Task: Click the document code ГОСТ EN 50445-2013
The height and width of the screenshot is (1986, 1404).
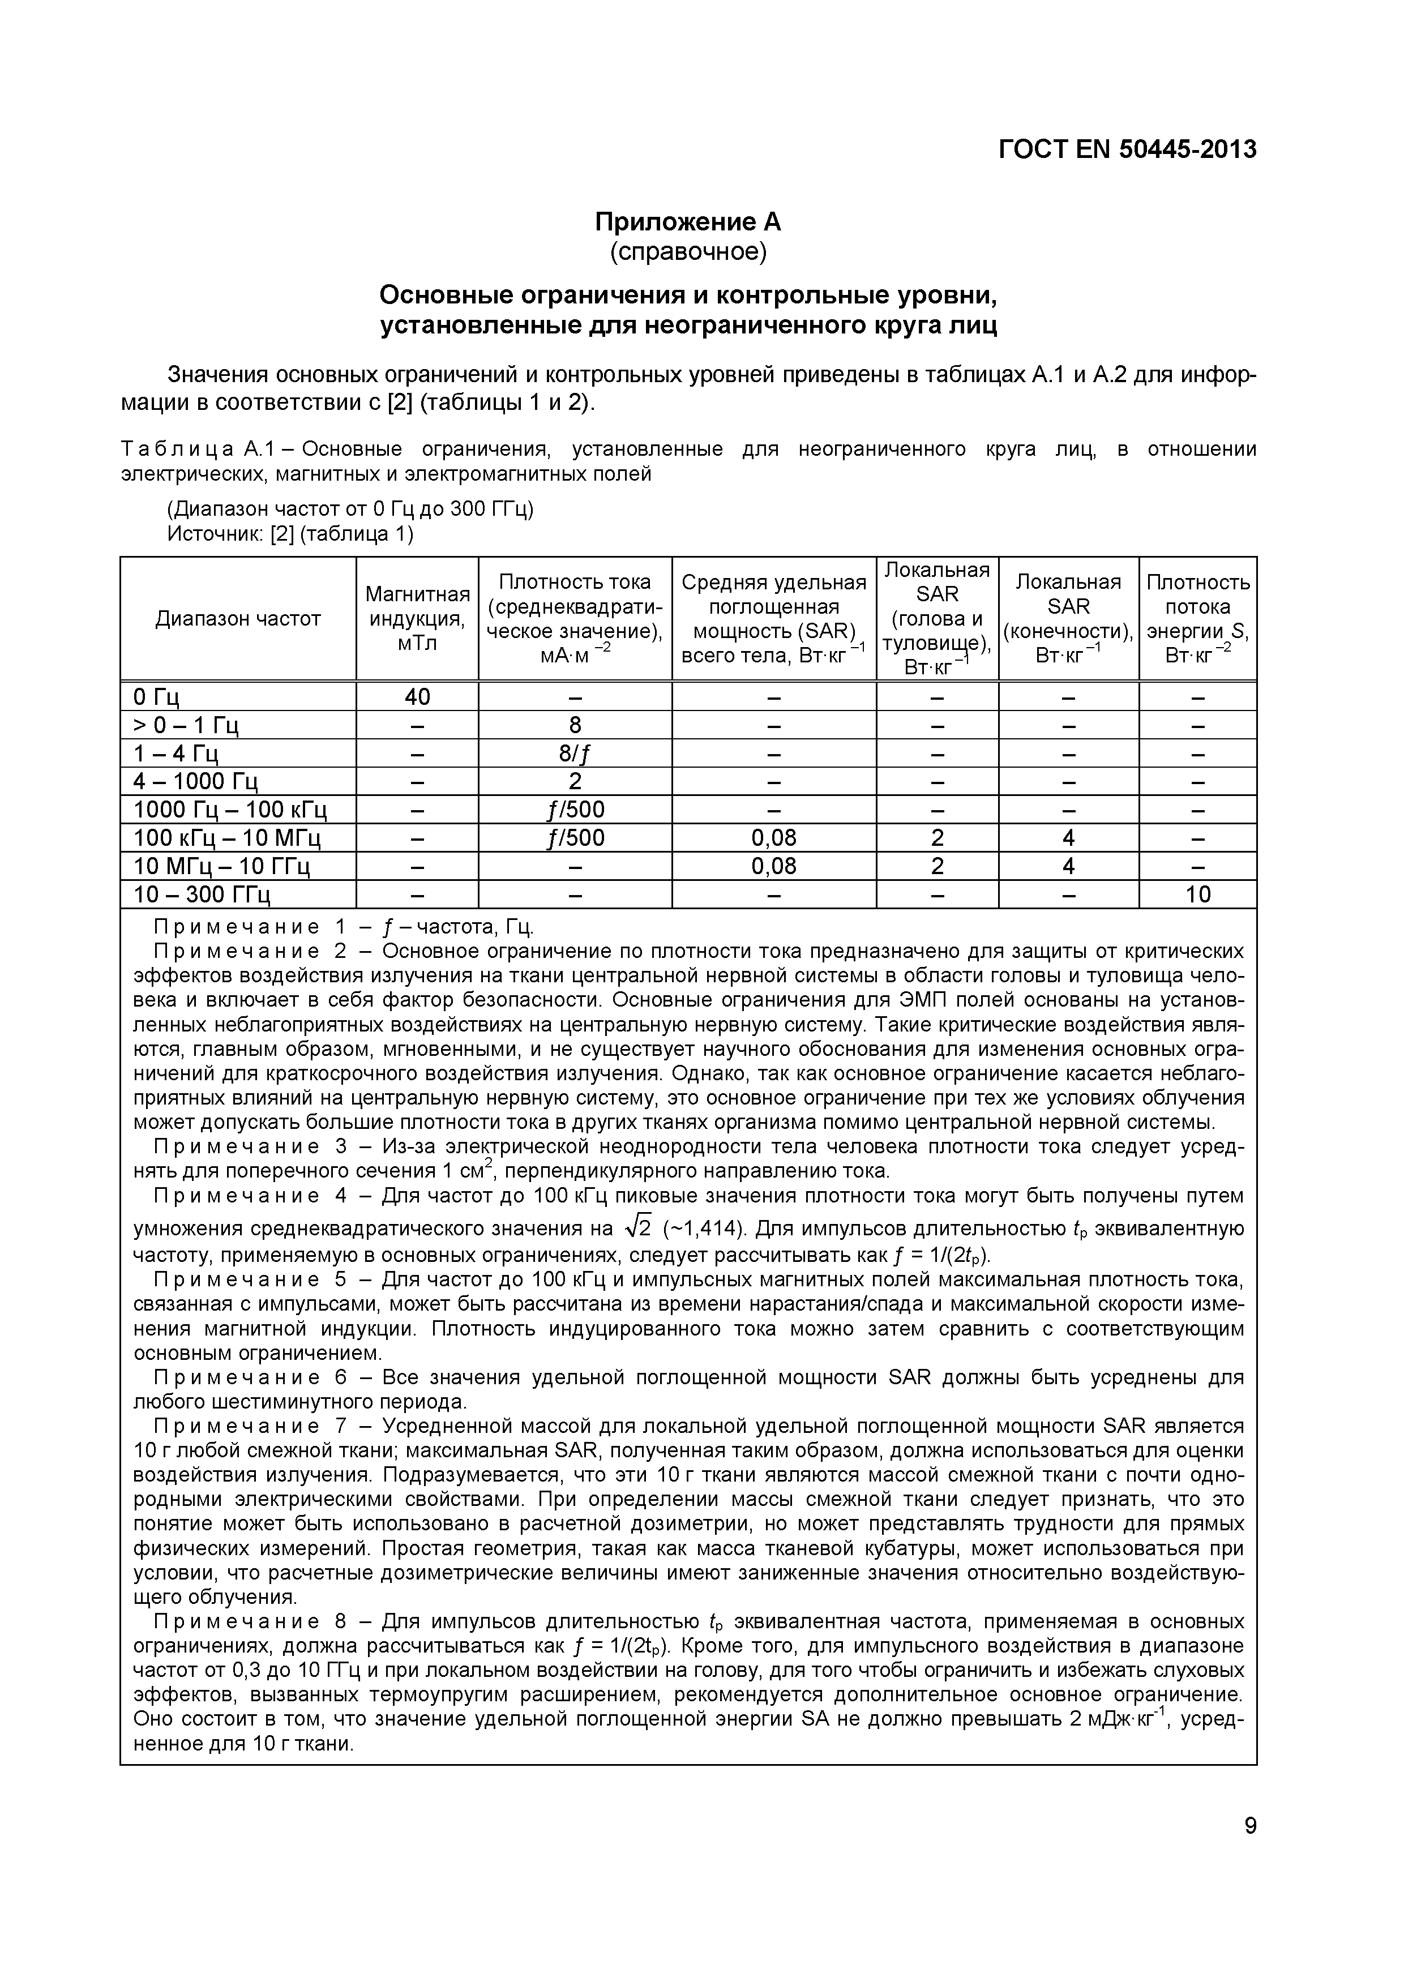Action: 1127,149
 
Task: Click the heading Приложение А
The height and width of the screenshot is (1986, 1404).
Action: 688,222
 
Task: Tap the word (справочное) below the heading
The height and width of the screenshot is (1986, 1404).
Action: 688,252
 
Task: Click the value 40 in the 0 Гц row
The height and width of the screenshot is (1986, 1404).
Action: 417,696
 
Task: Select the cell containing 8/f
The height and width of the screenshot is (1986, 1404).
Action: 575,754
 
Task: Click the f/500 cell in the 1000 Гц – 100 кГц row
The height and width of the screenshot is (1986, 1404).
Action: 575,810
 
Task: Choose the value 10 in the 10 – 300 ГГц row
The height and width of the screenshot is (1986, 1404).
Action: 1197,894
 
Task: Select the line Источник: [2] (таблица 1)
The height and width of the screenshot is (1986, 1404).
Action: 290,534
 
